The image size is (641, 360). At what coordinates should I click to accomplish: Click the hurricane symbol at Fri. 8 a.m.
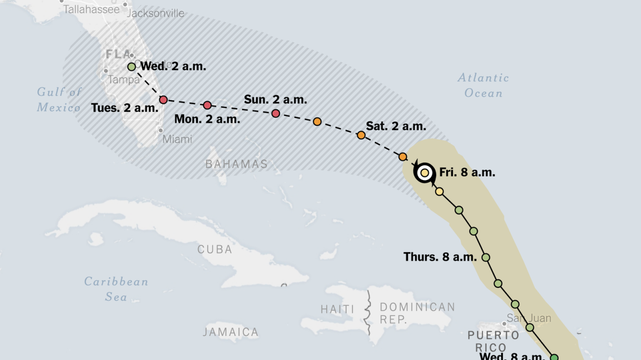pyautogui.click(x=425, y=173)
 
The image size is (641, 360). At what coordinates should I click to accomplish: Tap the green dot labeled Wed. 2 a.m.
pyautogui.click(x=132, y=67)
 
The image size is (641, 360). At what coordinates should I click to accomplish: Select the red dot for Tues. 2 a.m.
pyautogui.click(x=163, y=100)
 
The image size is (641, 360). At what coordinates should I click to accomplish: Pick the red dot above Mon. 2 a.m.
pyautogui.click(x=207, y=105)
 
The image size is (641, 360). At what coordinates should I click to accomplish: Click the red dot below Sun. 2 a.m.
pyautogui.click(x=275, y=114)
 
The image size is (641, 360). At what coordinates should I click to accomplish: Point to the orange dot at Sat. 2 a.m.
pyautogui.click(x=361, y=135)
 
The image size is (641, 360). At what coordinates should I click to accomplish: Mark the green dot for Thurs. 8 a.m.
pyautogui.click(x=485, y=257)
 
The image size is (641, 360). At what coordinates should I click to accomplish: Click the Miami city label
pyautogui.click(x=177, y=139)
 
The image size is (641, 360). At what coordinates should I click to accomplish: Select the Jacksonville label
pyautogui.click(x=155, y=14)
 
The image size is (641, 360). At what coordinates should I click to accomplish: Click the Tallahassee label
pyautogui.click(x=92, y=10)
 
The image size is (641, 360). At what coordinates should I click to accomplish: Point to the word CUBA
pyautogui.click(x=215, y=249)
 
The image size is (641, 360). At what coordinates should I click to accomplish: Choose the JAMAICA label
pyautogui.click(x=231, y=332)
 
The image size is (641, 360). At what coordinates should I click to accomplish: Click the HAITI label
pyautogui.click(x=338, y=309)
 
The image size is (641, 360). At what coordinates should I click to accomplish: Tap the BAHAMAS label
pyautogui.click(x=236, y=164)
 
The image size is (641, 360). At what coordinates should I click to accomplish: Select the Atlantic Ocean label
pyautogui.click(x=483, y=85)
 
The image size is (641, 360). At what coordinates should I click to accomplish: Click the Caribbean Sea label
pyautogui.click(x=116, y=289)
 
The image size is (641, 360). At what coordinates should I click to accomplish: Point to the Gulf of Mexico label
pyautogui.click(x=59, y=100)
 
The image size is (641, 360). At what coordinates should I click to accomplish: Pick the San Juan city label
pyautogui.click(x=528, y=318)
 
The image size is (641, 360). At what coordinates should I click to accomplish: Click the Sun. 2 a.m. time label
pyautogui.click(x=275, y=100)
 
